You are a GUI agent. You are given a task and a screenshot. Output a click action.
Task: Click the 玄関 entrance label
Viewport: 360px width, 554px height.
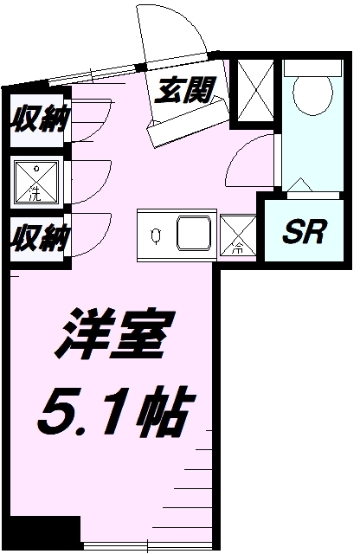click(185, 90)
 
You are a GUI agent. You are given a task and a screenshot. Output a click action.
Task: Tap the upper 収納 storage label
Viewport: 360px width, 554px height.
click(40, 119)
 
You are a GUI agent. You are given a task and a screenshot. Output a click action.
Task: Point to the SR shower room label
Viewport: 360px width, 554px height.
click(304, 231)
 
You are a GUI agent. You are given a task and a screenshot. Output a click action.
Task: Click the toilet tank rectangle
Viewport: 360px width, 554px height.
click(313, 68)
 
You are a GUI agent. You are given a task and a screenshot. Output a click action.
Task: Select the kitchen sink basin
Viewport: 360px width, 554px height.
click(194, 233)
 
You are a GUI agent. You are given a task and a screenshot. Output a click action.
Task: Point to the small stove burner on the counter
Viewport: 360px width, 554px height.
click(156, 235)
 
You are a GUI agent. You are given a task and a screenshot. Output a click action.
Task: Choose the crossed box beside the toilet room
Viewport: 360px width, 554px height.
click(255, 90)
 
